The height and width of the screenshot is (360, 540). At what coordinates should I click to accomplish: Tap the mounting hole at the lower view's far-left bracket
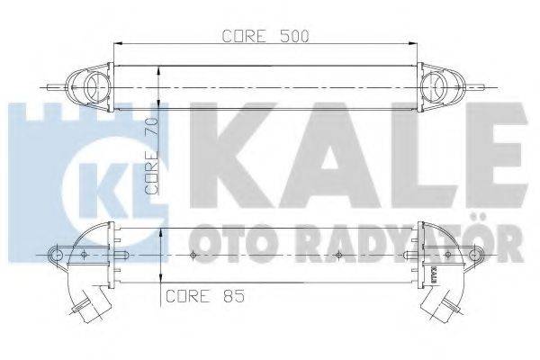58,255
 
